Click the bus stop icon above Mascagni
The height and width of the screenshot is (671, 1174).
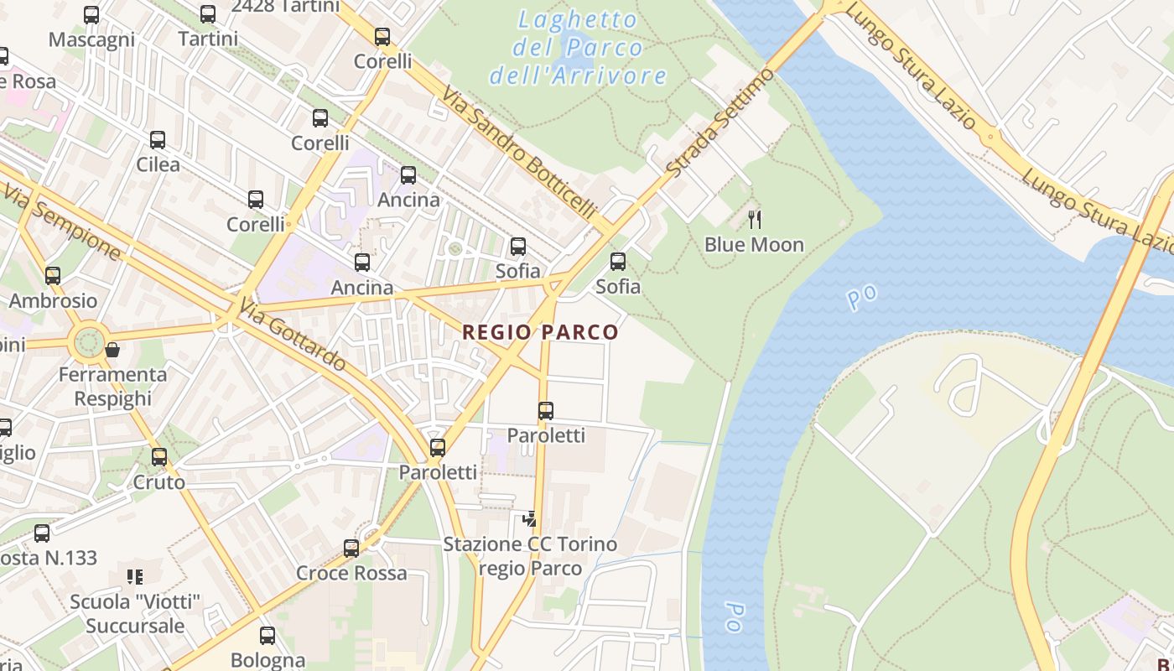coord(91,14)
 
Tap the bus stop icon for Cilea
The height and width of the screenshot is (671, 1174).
coord(158,140)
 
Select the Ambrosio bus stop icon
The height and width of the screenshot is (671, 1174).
coord(53,275)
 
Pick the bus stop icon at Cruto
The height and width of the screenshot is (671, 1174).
coord(159,457)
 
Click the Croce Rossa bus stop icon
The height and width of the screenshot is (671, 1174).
coord(351,549)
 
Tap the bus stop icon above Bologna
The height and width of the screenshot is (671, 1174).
coord(268,636)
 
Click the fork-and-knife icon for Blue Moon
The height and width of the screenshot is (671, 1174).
coord(755,220)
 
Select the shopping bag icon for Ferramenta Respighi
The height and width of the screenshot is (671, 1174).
coord(112,350)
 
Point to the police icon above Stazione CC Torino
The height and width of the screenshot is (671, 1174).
coord(529,519)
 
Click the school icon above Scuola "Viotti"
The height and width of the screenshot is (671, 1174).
coord(135,577)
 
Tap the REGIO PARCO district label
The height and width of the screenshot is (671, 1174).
coord(540,332)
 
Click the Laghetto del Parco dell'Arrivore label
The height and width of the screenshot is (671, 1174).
coord(578,48)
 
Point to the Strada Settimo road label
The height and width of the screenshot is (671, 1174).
coord(721,122)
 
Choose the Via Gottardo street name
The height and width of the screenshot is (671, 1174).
coord(292,334)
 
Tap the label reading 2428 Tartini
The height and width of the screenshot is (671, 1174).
coord(285,7)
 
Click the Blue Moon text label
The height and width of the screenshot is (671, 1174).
coord(754,245)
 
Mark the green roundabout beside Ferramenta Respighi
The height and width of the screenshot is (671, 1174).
coord(88,342)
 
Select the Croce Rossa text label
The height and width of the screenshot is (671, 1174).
coord(351,574)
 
